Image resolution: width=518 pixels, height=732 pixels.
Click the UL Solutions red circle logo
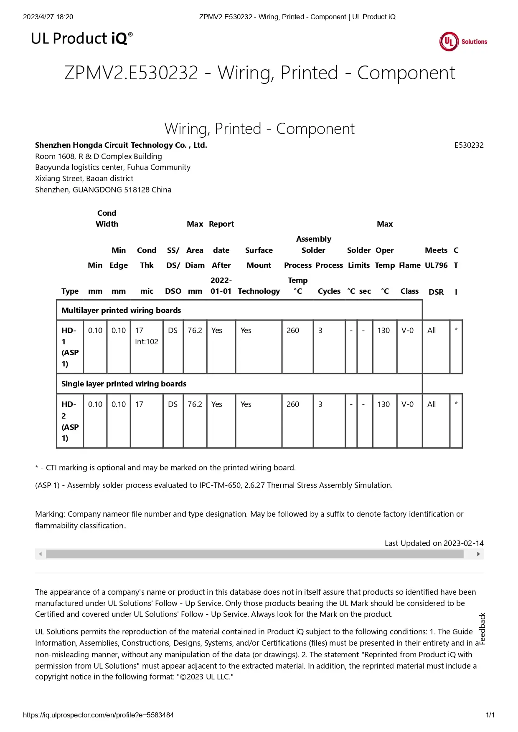[449, 41]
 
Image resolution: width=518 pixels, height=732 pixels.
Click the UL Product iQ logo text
[82, 38]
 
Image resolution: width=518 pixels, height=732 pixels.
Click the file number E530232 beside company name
[469, 145]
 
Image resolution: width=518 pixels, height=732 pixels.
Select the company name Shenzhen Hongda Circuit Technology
[121, 145]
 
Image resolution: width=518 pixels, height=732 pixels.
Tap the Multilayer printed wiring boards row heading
[121, 310]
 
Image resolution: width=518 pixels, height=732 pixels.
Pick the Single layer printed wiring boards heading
[124, 384]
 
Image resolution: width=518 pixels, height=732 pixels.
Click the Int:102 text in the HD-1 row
[146, 342]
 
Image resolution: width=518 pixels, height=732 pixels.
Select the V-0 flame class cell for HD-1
[407, 331]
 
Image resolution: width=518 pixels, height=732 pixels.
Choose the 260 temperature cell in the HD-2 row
[292, 404]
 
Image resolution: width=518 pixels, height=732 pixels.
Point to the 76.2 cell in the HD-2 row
[195, 404]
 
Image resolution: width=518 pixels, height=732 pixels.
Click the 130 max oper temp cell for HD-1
[383, 331]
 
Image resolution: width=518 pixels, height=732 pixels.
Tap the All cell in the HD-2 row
[432, 404]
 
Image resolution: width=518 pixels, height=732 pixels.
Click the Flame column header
[409, 265]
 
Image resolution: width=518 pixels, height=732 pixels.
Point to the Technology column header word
[259, 291]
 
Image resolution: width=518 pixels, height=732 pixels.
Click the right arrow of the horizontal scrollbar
[478, 554]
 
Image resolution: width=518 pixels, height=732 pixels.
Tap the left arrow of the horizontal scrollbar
[41, 554]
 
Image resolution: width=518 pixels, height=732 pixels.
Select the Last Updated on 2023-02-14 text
[434, 543]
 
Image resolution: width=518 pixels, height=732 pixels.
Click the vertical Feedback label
[482, 629]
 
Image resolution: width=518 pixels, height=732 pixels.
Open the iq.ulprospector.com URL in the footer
[98, 715]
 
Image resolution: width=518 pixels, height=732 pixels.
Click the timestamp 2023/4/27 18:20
[48, 17]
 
